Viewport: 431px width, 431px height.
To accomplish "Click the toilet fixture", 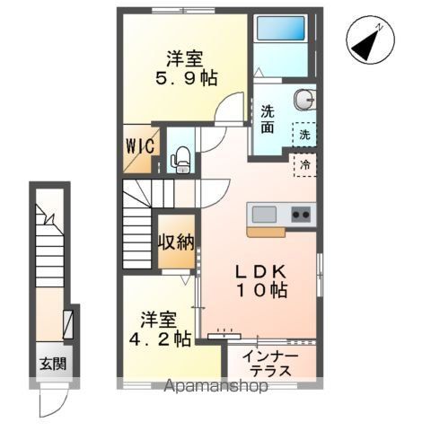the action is click(180, 160).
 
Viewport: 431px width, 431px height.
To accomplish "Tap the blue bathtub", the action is click(281, 28).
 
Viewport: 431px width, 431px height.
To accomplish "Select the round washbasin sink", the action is click(303, 100).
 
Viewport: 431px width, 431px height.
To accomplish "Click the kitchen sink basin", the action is click(264, 215).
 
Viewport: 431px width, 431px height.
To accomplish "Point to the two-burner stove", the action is click(301, 215).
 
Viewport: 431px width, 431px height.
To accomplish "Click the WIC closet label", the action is click(140, 146).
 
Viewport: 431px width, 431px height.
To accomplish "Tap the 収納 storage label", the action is click(176, 242).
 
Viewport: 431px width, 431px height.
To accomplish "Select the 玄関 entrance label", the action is click(53, 364).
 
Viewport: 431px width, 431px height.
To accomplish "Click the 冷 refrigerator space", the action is click(305, 165).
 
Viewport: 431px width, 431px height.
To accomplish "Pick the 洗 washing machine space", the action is click(304, 135).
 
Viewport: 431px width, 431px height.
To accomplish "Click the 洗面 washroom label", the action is click(268, 119).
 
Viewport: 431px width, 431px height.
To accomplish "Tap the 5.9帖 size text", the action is click(186, 79).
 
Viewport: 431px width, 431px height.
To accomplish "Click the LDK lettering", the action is click(260, 272).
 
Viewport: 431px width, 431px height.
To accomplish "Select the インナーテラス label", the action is click(270, 364).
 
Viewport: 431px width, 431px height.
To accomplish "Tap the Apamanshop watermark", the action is click(216, 386).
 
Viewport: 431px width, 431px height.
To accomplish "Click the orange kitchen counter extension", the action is click(266, 233).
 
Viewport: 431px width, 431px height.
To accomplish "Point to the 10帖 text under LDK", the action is click(262, 290).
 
